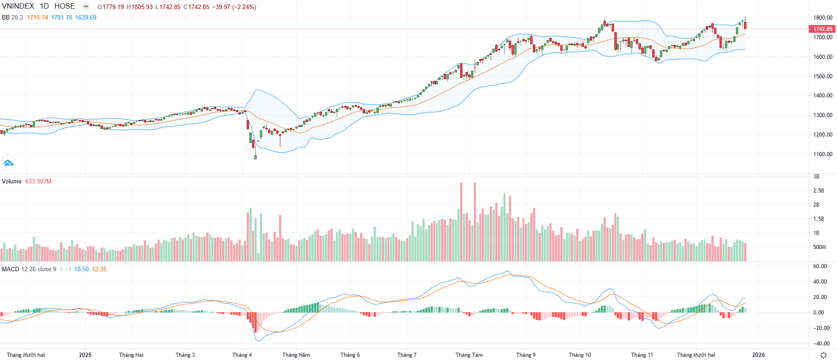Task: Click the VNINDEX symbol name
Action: coord(18,6)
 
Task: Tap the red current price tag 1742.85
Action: coord(823,29)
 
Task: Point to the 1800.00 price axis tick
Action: coord(823,18)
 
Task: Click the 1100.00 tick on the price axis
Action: coord(823,154)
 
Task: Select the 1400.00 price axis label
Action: coord(823,96)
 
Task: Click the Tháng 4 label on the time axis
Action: coord(242,355)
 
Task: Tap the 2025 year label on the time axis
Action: coord(85,355)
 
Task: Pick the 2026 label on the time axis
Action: coord(758,355)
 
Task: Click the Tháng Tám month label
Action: coord(469,355)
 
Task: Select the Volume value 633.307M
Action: coord(38,181)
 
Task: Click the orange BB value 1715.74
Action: coord(37,17)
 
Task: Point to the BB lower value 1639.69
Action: coord(86,17)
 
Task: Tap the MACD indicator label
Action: coord(10,269)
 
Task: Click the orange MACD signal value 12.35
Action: coord(99,269)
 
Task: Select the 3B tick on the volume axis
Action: coord(816,177)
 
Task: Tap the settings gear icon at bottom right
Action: coord(823,355)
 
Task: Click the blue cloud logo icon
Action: coord(8,162)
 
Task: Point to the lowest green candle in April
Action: coord(255,157)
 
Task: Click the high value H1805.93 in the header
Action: coord(139,7)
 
